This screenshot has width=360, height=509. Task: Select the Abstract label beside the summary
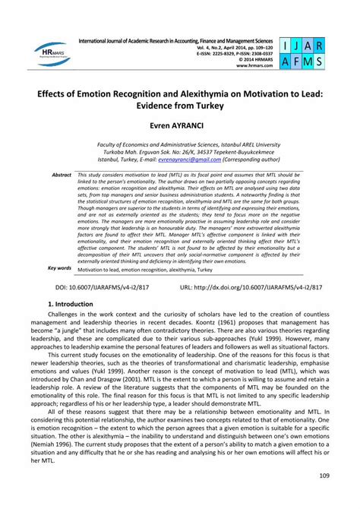click(61, 175)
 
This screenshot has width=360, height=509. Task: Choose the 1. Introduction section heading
click(75, 324)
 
